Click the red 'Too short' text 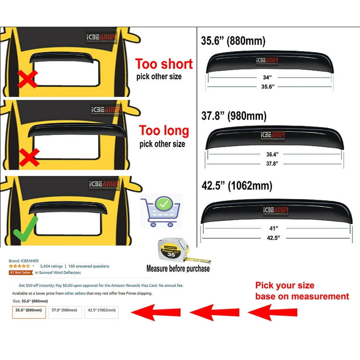(x=164, y=63)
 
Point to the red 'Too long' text (x=164, y=130)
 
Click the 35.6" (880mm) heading (x=233, y=41)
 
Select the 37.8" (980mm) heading (x=234, y=115)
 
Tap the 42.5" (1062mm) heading (x=236, y=186)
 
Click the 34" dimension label (x=267, y=77)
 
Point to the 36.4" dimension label (x=272, y=153)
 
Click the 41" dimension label (x=274, y=228)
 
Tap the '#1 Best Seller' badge (x=21, y=272)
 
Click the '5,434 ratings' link (x=51, y=266)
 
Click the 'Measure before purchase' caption (x=178, y=269)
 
